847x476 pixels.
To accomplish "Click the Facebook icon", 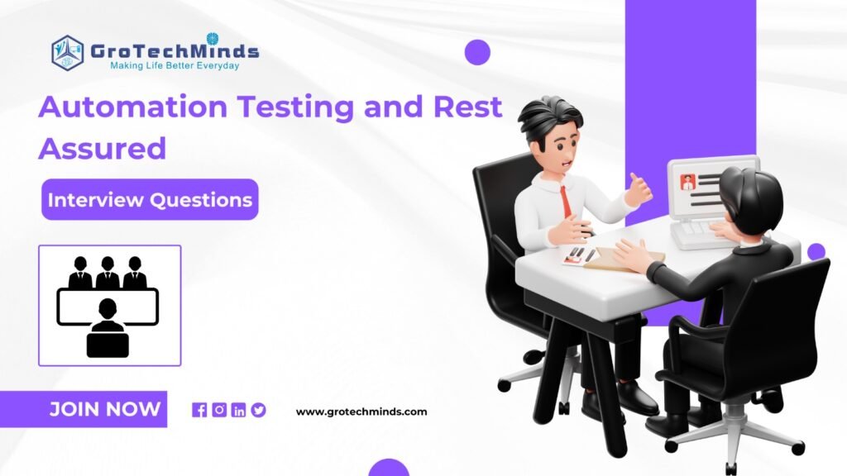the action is point(199,410).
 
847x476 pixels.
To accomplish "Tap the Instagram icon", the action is point(219,410).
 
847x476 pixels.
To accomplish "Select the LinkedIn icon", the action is point(239,410).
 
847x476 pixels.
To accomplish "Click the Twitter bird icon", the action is point(258,410).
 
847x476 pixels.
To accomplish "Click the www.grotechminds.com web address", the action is point(361,412).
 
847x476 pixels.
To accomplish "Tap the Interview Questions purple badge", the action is point(151,200).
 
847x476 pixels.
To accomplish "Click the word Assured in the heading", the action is point(102,148).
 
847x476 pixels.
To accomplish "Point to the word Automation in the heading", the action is point(133,107).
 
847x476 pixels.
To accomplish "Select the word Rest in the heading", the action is point(468,107).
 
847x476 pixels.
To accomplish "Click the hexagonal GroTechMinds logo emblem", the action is point(68,53).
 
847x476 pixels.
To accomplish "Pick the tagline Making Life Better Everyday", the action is point(175,66).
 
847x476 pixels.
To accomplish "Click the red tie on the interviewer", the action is point(565,201).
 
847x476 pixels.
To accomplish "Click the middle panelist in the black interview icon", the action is point(108,273).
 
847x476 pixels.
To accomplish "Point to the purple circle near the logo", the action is point(477,52).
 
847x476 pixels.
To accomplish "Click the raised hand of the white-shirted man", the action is point(639,189).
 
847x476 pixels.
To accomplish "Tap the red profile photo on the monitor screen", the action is point(688,182).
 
